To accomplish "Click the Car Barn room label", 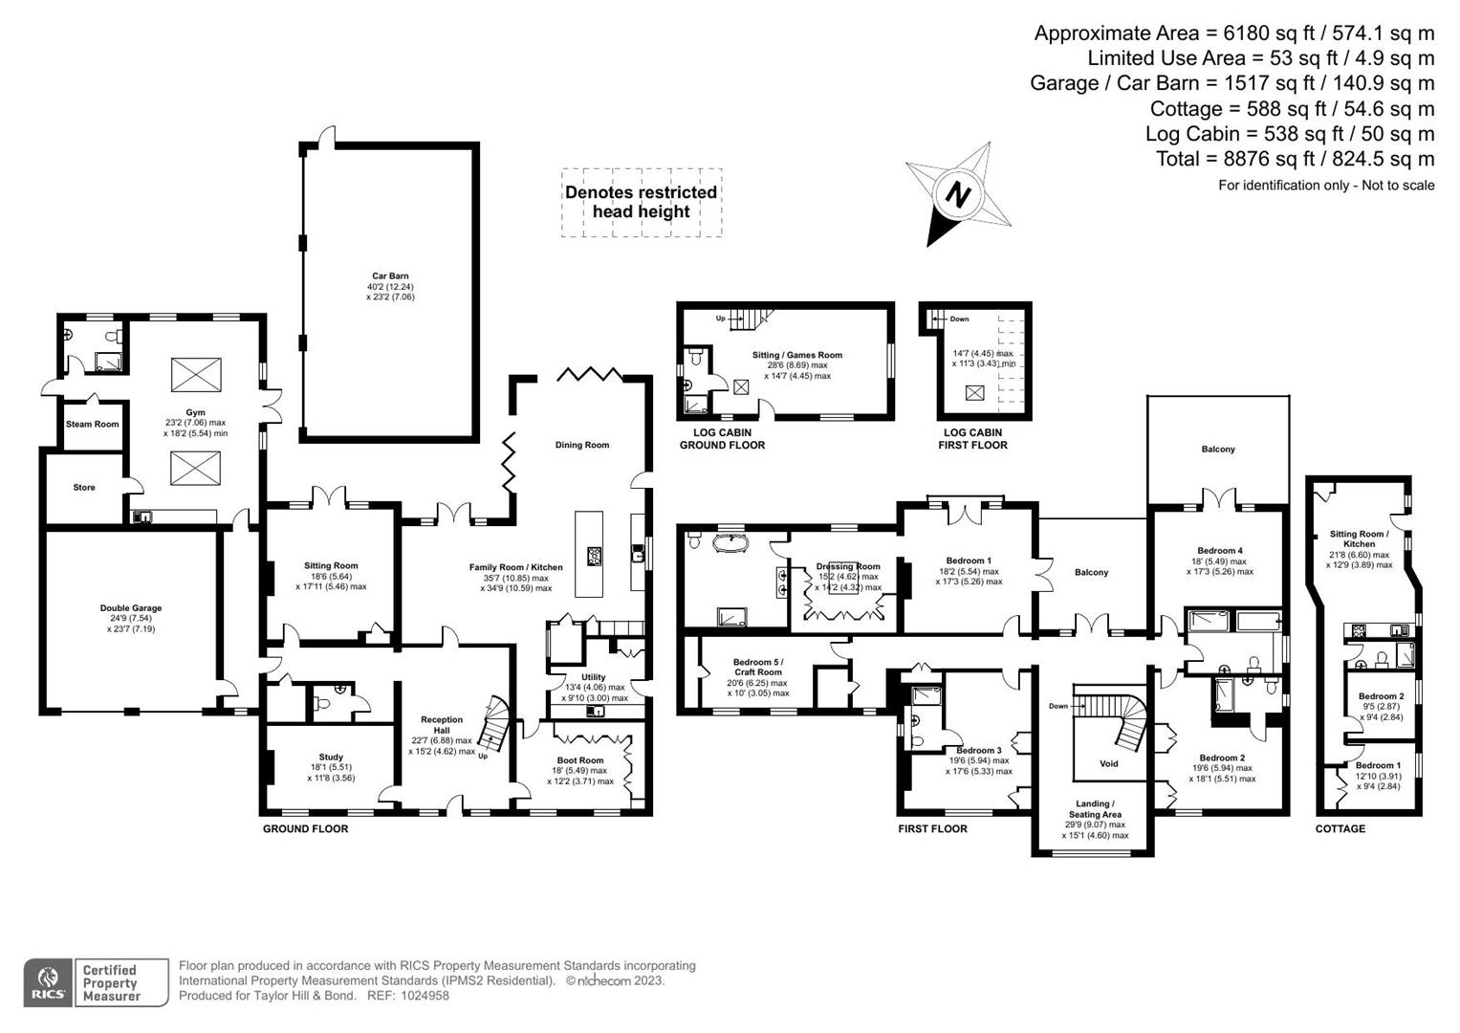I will coord(390,276).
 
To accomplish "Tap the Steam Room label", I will coord(93,424).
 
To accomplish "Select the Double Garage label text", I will coord(131,608).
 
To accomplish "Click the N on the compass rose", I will coord(957,195).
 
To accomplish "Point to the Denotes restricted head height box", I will coord(641,202).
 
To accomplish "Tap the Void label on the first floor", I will coord(1108,763).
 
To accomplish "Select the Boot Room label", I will coord(580,760).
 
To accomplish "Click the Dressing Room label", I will coord(847,566).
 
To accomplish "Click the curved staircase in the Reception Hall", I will coord(494,724).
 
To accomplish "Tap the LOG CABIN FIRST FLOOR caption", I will coord(972,439).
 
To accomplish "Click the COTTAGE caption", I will coord(1340,828).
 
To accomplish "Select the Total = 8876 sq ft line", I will coord(1295,159).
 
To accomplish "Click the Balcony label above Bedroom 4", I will coord(1217,449).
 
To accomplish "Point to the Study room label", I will coord(331,758).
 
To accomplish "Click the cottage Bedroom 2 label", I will coord(1381,696).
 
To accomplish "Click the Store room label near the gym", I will coord(84,487).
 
